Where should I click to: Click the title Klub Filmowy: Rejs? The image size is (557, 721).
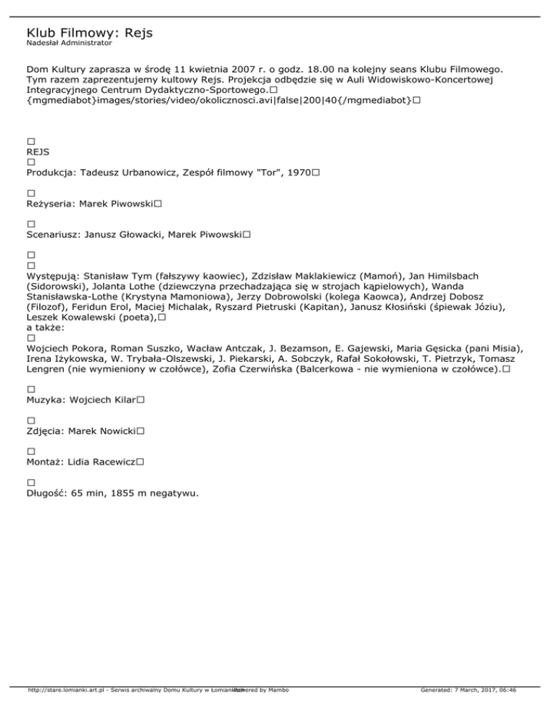[89, 33]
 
